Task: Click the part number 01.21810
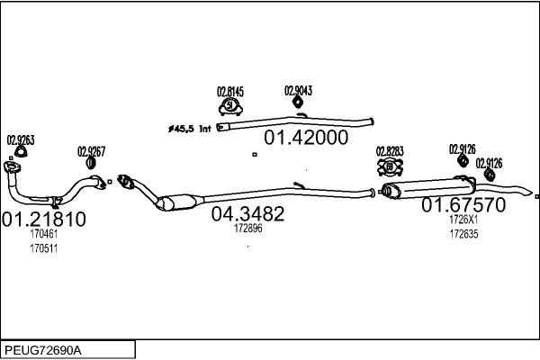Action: pyautogui.click(x=44, y=219)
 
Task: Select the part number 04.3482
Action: pyautogui.click(x=247, y=213)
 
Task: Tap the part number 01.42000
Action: pyautogui.click(x=306, y=138)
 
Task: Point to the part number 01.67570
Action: pyautogui.click(x=463, y=204)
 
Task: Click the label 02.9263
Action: pyautogui.click(x=21, y=140)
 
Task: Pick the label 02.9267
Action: pyautogui.click(x=91, y=151)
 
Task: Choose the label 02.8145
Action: pyautogui.click(x=230, y=92)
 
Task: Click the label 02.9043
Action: pyautogui.click(x=298, y=91)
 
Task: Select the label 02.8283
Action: pyautogui.click(x=390, y=151)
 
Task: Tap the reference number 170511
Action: pyautogui.click(x=44, y=248)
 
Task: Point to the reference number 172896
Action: pyautogui.click(x=248, y=228)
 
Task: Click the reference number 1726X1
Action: pyautogui.click(x=463, y=219)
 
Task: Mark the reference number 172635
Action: pyautogui.click(x=463, y=234)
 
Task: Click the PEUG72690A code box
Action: pyautogui.click(x=67, y=350)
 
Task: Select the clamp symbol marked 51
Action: pyautogui.click(x=230, y=106)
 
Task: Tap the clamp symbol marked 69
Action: pyautogui.click(x=390, y=167)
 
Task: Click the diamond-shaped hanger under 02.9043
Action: pyautogui.click(x=298, y=102)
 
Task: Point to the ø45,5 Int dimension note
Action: pyautogui.click(x=189, y=130)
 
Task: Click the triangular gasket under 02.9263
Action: pyautogui.click(x=21, y=151)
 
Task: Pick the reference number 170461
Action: pyautogui.click(x=44, y=234)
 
